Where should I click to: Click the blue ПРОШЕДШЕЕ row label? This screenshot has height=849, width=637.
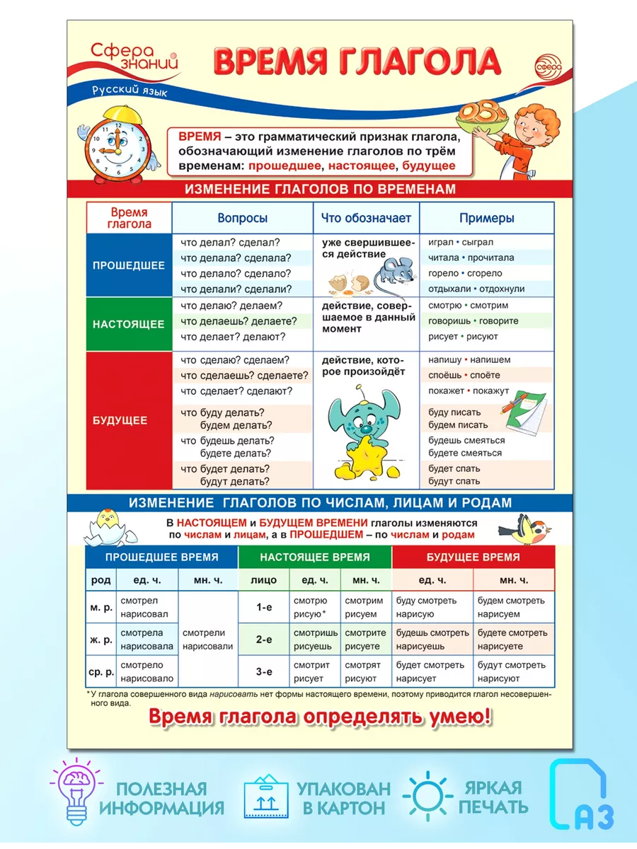coord(128,265)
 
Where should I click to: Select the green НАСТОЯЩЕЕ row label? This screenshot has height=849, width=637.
coord(128,324)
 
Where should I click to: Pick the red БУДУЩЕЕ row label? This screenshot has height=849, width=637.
coord(128,420)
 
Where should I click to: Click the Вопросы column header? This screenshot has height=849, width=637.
coord(242,219)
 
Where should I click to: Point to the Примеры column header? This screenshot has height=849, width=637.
coord(486,219)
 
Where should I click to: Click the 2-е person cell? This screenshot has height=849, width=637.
coord(264,640)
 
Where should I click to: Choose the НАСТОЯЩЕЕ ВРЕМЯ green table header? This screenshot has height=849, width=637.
coord(314,557)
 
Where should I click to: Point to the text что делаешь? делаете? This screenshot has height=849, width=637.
coord(239,320)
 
